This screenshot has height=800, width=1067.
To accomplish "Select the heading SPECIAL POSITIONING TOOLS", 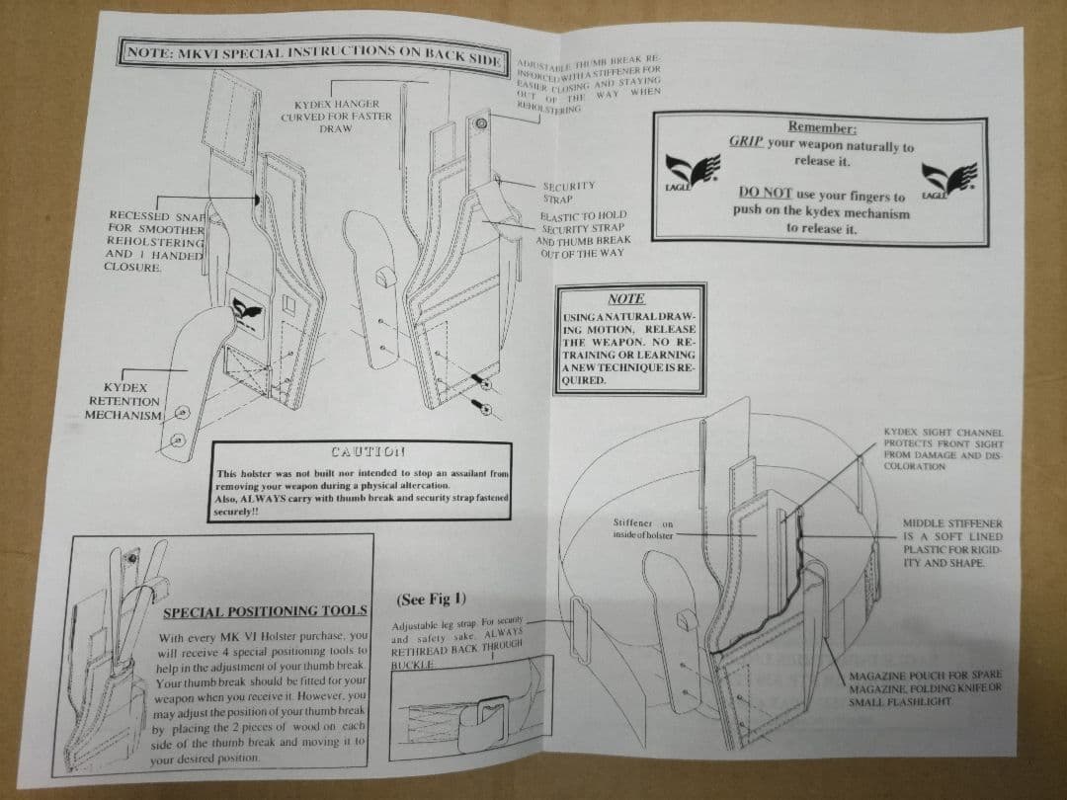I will click(x=264, y=612).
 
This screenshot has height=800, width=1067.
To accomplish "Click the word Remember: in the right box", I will click(x=822, y=127).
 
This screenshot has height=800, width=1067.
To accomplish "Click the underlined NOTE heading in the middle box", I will click(x=626, y=298).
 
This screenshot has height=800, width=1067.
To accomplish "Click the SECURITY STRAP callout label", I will click(x=569, y=192).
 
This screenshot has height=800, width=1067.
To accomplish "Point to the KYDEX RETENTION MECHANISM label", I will click(x=123, y=401).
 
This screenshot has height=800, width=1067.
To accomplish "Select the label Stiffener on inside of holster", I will click(x=642, y=528).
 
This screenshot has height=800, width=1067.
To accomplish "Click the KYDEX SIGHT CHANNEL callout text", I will click(x=943, y=449).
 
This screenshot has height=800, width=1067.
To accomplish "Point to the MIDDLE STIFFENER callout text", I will click(x=951, y=542).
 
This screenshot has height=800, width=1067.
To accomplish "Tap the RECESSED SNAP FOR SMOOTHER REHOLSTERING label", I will click(x=155, y=241).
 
